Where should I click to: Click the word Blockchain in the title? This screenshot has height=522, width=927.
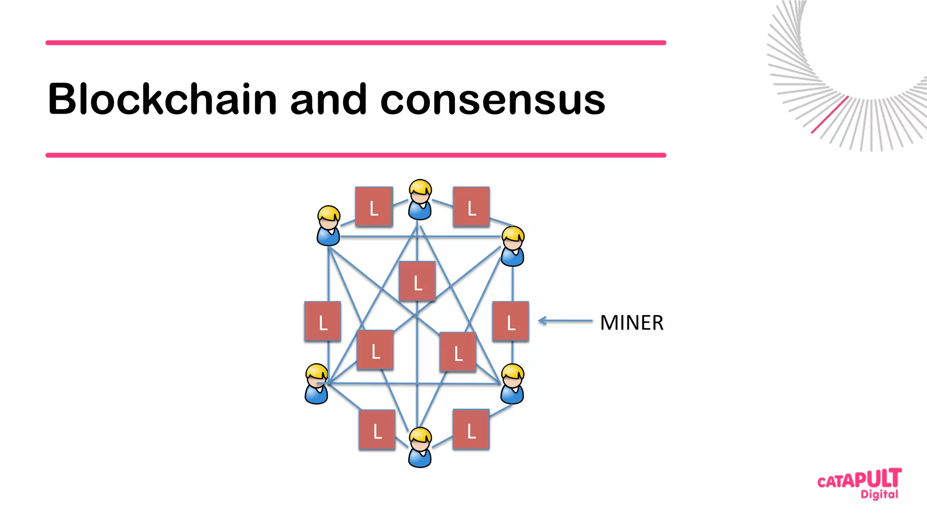tap(162, 99)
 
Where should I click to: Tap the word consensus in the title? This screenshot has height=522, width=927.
tap(492, 100)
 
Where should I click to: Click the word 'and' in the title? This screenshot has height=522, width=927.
tap(328, 99)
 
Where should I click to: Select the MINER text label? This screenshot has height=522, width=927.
tap(631, 323)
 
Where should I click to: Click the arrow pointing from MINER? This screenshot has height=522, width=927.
tap(565, 321)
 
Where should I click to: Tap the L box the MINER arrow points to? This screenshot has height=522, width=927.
tap(511, 321)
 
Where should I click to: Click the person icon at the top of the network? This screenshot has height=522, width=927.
tap(420, 200)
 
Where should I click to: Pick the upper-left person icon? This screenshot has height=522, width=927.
tap(329, 226)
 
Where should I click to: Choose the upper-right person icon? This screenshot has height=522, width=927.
tap(513, 246)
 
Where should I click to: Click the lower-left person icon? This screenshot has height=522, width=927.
tap(316, 384)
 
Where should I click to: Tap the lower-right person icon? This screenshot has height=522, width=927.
tap(512, 384)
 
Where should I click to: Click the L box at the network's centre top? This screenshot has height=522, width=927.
tap(417, 281)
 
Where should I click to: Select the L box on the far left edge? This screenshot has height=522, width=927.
tap(322, 321)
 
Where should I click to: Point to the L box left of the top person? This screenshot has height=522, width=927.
tap(374, 206)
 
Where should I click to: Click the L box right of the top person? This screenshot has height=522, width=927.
tap(471, 206)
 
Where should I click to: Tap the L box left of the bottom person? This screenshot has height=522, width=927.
tap(377, 430)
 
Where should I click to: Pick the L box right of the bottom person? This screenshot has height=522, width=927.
tap(471, 429)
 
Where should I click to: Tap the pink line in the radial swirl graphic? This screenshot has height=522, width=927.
tap(830, 115)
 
